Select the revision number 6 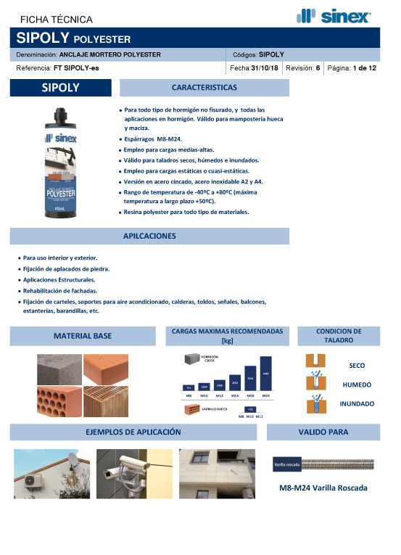318,67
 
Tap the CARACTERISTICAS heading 204,88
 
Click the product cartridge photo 62,157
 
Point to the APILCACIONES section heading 149,236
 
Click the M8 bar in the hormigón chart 189,388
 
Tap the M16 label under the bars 234,396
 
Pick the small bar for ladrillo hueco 250,410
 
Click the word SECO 357,366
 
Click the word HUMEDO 357,385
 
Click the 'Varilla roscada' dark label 288,463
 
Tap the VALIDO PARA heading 323,432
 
